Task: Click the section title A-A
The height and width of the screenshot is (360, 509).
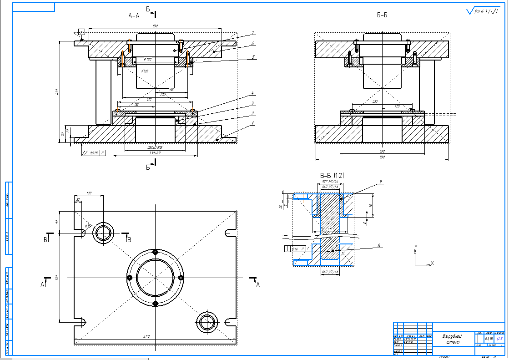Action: (x=134, y=15)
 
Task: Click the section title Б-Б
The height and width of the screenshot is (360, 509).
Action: (x=382, y=15)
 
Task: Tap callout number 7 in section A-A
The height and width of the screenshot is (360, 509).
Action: (x=253, y=33)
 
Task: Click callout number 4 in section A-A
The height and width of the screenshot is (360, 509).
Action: (x=253, y=95)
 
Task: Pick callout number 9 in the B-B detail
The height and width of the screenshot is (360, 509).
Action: (x=380, y=182)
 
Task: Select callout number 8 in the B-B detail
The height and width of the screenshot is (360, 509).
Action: (x=379, y=246)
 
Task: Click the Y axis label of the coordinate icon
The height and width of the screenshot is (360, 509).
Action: (x=415, y=247)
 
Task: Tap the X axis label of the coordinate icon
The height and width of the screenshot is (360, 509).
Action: (x=432, y=263)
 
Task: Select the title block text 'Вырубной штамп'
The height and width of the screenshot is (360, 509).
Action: (x=453, y=339)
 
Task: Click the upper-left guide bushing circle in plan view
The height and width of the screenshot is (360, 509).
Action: (x=103, y=233)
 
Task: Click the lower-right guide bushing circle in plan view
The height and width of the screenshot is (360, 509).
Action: (x=207, y=322)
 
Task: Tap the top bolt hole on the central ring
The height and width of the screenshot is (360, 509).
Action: (x=155, y=252)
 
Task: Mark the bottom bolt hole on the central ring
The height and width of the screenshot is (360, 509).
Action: (x=155, y=303)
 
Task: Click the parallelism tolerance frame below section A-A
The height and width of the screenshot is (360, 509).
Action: (x=93, y=153)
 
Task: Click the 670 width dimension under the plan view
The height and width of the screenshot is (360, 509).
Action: (x=146, y=337)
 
